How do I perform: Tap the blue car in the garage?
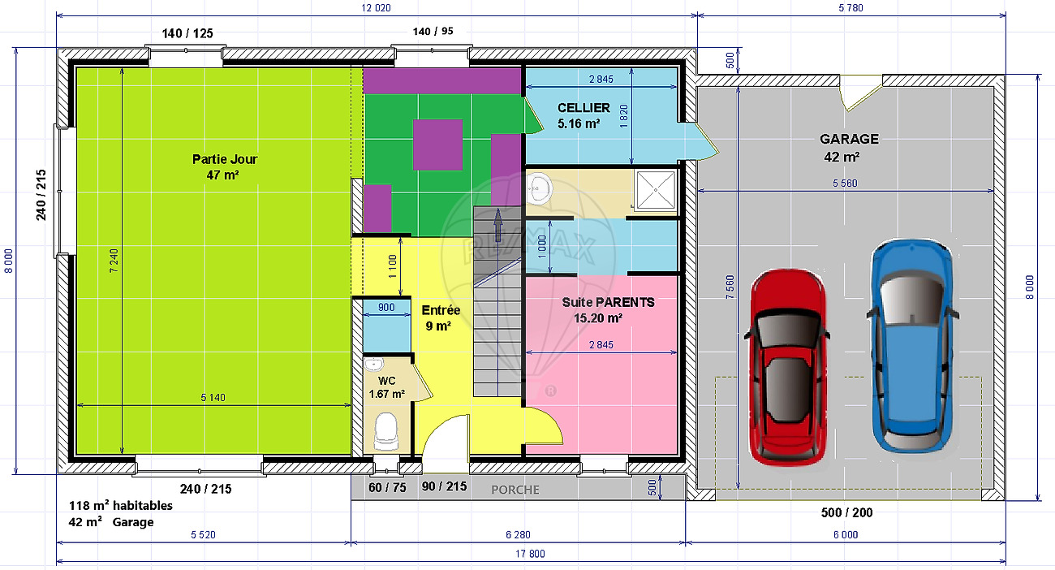point(912,346)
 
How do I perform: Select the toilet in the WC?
point(386,431)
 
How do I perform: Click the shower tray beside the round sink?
point(655,190)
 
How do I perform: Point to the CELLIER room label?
point(583,108)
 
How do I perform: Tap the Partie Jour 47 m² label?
point(225,166)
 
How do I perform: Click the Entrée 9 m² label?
point(441,318)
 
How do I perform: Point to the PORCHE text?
point(515,490)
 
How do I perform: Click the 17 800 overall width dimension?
point(530,554)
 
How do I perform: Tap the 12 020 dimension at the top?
point(376,8)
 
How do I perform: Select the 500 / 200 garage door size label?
point(846,512)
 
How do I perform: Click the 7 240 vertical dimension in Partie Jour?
point(114,261)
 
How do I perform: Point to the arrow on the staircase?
point(497,225)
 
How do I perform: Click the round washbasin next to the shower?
point(540,189)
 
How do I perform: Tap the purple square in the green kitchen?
point(437,145)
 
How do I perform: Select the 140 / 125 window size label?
point(187,33)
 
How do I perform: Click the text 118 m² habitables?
point(121,506)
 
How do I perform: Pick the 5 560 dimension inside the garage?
point(845,184)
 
